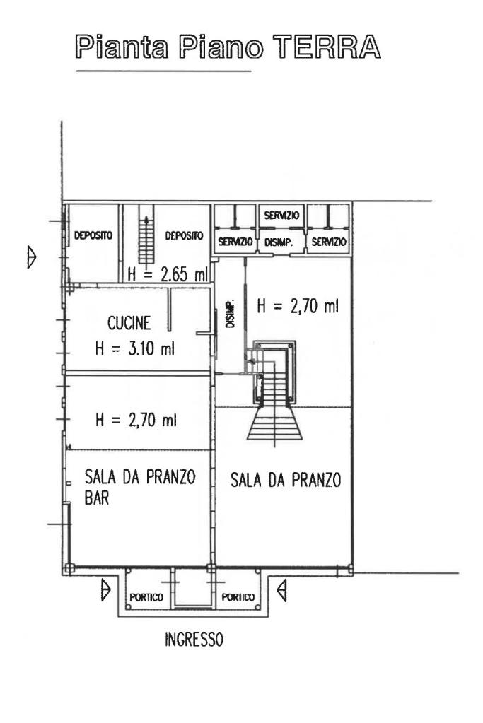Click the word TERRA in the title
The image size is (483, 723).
[327, 47]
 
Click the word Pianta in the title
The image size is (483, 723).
[122, 47]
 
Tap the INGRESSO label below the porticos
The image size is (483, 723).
[194, 640]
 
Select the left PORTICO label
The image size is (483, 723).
[146, 598]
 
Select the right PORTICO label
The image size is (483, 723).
[238, 598]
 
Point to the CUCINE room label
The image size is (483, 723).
[129, 323]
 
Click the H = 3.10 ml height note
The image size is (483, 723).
[135, 348]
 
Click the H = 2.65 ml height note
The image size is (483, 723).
[168, 275]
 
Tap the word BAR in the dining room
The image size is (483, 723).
[97, 498]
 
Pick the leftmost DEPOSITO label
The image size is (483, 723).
[93, 235]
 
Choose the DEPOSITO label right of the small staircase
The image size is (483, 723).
[184, 235]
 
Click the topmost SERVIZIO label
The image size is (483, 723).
[281, 216]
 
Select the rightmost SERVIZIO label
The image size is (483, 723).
[328, 242]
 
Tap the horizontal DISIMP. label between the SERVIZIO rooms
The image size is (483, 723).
[279, 242]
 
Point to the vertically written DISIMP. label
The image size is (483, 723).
[231, 314]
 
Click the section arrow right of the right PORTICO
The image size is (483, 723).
[281, 591]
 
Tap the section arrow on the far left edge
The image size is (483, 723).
[31, 257]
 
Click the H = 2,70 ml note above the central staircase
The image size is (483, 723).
[298, 306]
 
